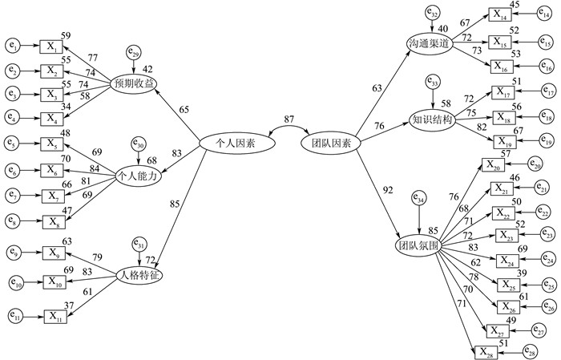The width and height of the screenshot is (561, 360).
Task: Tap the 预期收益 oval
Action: tap(133, 83)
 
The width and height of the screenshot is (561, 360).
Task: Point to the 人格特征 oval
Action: tap(133, 275)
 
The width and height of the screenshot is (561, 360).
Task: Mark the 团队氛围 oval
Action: tap(418, 245)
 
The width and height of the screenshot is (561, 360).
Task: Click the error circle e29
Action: tap(133, 53)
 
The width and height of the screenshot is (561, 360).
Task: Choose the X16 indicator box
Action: tap(502, 67)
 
